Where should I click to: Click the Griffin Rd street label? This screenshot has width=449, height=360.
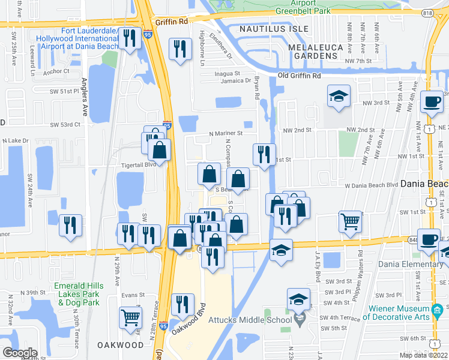pos(170,20)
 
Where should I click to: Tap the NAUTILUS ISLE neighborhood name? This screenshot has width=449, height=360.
pos(274,29)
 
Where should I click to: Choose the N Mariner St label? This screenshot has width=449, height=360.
pos(225,133)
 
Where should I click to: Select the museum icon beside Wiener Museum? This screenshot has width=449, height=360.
pos(437,310)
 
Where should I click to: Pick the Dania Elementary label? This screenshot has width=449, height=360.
pos(411,264)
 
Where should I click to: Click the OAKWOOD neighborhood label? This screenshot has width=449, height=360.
pos(120,345)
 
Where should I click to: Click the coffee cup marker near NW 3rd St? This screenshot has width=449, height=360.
pos(432,101)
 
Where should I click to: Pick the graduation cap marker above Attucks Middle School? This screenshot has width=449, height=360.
pos(298,299)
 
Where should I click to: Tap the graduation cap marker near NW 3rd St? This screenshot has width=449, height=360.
pos(339,95)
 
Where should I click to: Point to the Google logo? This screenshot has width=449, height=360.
pos(19,352)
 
